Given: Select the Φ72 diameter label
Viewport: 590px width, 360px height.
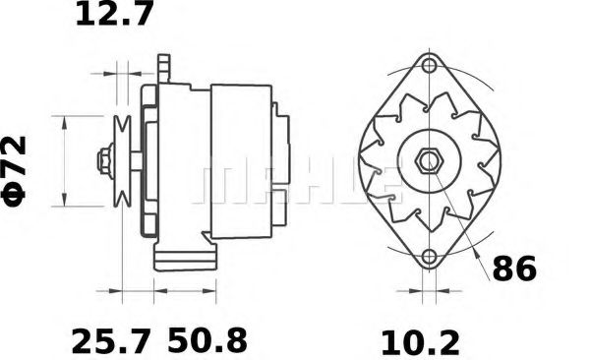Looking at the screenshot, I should [x=17, y=168].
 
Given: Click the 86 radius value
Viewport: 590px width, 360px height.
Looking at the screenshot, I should [x=514, y=268].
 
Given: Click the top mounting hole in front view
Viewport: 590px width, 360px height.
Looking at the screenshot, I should [x=429, y=67].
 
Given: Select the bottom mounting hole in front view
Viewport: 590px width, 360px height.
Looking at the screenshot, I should [x=429, y=259].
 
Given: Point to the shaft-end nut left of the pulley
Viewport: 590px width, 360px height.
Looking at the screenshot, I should [x=102, y=160].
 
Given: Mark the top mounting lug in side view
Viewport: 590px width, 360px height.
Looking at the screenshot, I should [x=164, y=69].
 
